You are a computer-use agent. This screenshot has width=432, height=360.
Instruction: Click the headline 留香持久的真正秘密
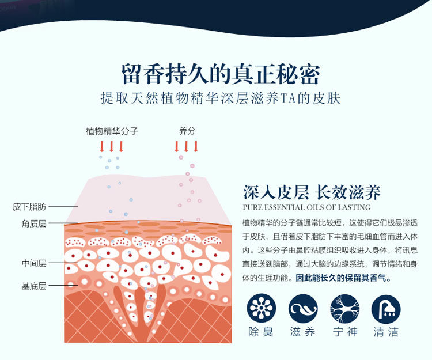click(x=221, y=74)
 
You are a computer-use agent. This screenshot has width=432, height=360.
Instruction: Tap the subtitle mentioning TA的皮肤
click(x=221, y=98)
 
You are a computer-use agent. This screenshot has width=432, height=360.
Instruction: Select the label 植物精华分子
click(x=112, y=131)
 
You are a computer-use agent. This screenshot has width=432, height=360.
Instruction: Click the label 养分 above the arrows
click(x=187, y=131)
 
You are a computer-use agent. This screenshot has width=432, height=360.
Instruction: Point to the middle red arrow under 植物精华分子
click(x=112, y=146)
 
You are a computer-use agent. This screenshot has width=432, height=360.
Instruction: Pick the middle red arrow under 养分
click(x=187, y=146)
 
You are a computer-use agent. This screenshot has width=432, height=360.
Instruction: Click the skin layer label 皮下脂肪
click(x=29, y=206)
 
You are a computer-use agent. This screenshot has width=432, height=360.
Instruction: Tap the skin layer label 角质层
click(x=34, y=223)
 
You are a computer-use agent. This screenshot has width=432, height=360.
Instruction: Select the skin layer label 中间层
click(x=34, y=263)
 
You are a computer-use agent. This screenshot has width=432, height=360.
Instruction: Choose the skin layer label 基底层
click(x=34, y=285)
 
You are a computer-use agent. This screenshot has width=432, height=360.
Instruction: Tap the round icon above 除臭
click(x=262, y=309)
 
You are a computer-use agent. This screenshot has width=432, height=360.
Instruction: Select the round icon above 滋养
click(x=303, y=309)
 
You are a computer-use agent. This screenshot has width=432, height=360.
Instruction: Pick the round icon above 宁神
click(x=344, y=309)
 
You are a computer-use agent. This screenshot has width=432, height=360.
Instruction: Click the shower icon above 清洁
click(x=386, y=309)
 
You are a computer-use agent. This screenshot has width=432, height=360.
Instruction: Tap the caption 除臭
click(x=262, y=333)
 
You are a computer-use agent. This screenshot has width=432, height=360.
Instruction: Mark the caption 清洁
click(x=386, y=333)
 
